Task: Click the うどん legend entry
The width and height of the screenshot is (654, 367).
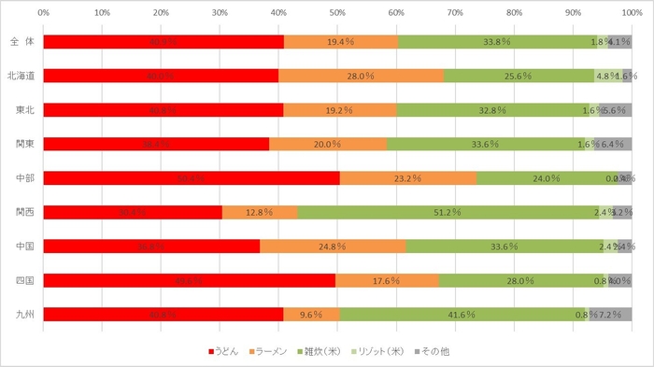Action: (x=224, y=352)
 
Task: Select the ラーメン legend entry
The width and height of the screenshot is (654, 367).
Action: (x=275, y=352)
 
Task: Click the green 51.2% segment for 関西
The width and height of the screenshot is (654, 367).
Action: (x=448, y=212)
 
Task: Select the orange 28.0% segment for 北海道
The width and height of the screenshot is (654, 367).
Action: (x=361, y=76)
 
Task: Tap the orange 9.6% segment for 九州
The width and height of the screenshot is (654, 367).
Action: (x=312, y=315)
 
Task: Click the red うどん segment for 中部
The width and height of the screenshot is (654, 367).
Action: (x=192, y=177)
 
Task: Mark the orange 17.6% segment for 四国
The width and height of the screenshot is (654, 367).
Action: (x=387, y=280)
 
